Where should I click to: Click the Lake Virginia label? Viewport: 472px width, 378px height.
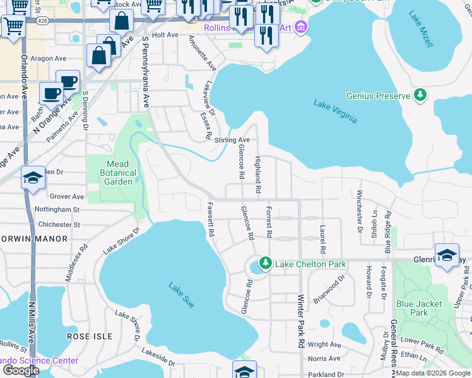click(x=336, y=111)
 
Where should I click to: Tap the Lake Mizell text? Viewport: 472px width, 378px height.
click(x=421, y=29)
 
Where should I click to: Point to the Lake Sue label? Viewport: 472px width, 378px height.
click(x=181, y=295)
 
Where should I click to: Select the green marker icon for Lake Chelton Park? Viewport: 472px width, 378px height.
click(x=266, y=263)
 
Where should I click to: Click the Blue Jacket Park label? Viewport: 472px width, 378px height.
click(x=420, y=307)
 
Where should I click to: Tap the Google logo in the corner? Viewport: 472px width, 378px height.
click(x=21, y=370)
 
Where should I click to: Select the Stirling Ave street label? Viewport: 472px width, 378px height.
click(x=232, y=140)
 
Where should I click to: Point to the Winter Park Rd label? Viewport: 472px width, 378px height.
click(x=301, y=323)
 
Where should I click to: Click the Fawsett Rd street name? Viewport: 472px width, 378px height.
click(x=209, y=219)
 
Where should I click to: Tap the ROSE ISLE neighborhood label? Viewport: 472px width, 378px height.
click(x=89, y=336)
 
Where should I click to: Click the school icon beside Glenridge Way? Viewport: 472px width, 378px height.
click(x=446, y=255)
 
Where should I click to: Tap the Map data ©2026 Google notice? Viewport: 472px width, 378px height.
click(x=433, y=373)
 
